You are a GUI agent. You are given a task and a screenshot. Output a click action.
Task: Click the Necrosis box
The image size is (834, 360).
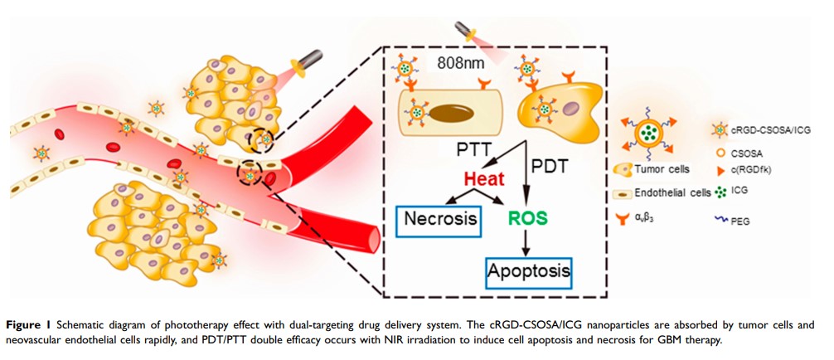coord(441,219)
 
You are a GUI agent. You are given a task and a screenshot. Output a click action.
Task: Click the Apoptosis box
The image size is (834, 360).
coord(528,270)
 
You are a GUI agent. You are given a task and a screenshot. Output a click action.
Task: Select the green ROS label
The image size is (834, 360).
coord(526,219)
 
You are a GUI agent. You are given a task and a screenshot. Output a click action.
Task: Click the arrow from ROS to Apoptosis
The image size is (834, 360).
coord(526,242)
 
